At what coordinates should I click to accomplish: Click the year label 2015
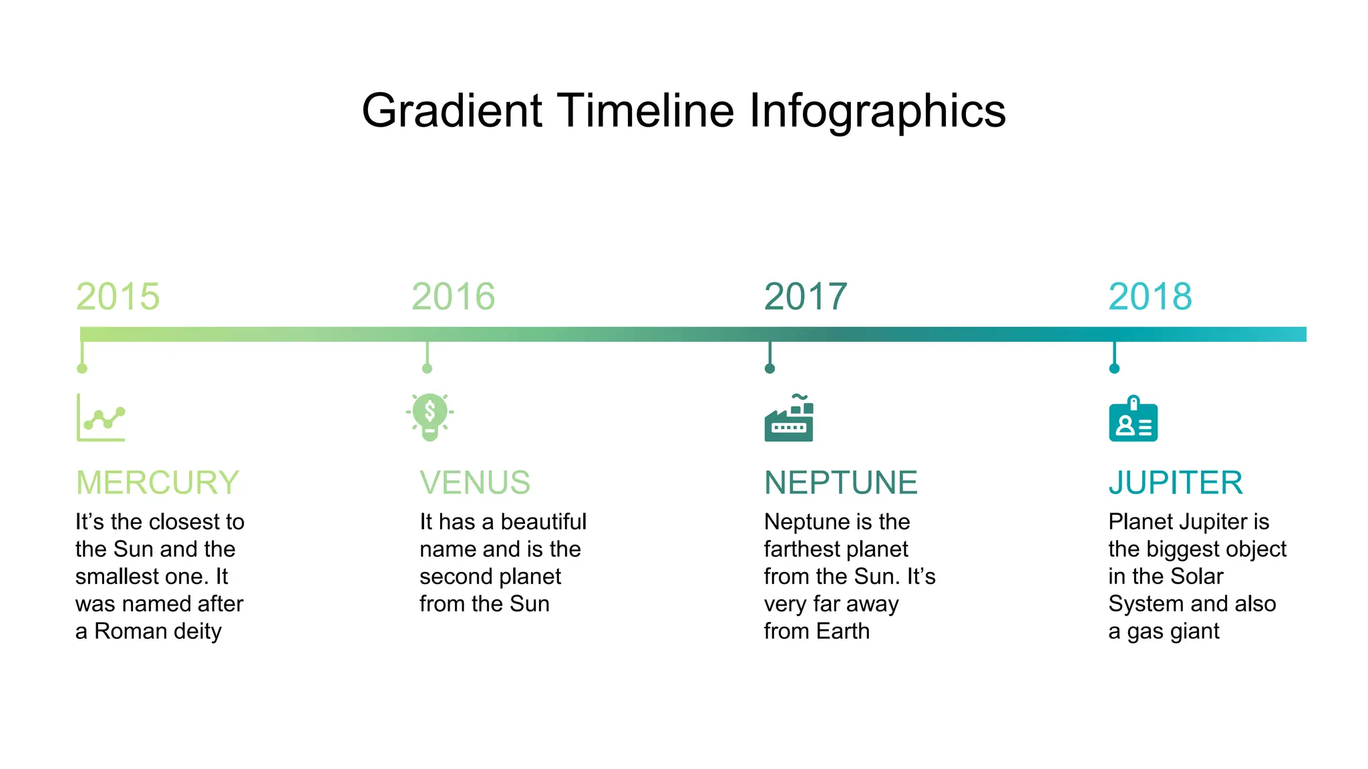(118, 296)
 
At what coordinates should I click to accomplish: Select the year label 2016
(453, 296)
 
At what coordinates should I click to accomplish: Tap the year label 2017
(806, 296)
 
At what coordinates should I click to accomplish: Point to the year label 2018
(1150, 296)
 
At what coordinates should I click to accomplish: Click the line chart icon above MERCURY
(101, 418)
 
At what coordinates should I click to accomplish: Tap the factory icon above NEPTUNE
(789, 419)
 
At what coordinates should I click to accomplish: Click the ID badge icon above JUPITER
(1133, 419)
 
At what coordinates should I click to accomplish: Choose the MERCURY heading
(158, 483)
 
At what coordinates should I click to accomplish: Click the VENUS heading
(475, 483)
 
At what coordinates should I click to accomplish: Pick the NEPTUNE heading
(841, 483)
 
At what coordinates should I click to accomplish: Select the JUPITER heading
(1176, 483)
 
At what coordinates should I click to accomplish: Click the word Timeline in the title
(645, 111)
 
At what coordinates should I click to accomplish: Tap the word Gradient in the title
(452, 111)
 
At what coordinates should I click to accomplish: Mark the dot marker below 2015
(82, 368)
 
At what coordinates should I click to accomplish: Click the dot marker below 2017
(769, 368)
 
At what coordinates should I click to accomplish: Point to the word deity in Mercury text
(198, 631)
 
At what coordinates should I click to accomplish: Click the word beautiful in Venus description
(544, 521)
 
